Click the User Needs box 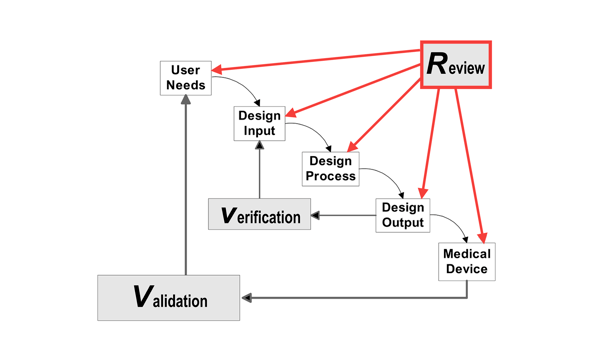(186, 78)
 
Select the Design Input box (259, 123)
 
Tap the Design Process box (330, 169)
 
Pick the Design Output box (403, 215)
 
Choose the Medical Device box (466, 262)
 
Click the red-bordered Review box (456, 65)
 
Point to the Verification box (259, 215)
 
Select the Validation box (168, 298)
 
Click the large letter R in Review (437, 64)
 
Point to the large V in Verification (229, 215)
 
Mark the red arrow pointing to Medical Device (470, 160)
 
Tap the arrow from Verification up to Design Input (259, 170)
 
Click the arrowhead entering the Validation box (246, 298)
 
